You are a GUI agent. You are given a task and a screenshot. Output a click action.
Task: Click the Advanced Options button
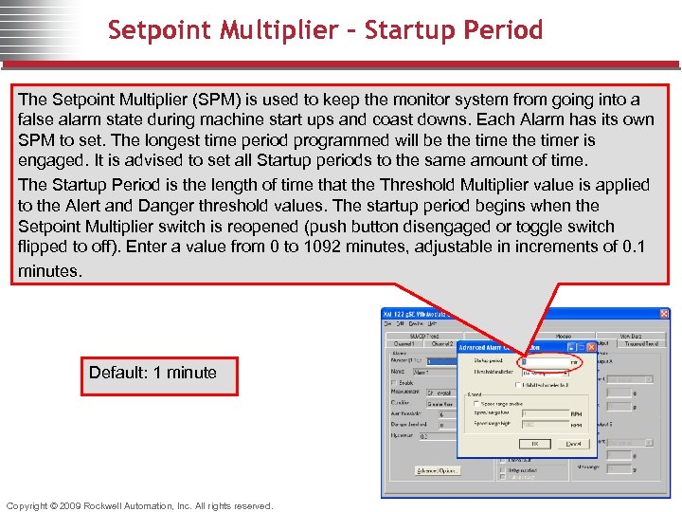pyautogui.click(x=437, y=470)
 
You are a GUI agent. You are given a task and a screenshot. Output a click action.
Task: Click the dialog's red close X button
pyautogui.click(x=589, y=348)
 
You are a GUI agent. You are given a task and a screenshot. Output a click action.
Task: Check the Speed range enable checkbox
pyautogui.click(x=476, y=404)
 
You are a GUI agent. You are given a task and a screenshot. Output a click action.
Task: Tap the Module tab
pyautogui.click(x=564, y=335)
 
